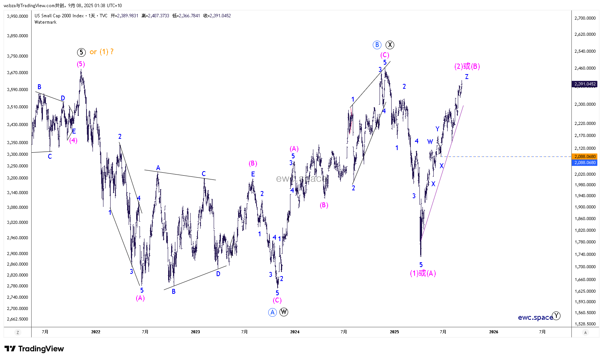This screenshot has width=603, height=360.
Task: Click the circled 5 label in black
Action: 81,52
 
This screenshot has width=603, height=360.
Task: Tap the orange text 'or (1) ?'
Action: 102,52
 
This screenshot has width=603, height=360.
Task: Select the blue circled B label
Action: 377,45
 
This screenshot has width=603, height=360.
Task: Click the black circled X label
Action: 390,45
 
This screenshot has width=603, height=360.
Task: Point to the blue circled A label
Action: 272,312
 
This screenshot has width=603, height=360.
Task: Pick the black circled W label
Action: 284,312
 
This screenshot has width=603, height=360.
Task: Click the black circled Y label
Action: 556,316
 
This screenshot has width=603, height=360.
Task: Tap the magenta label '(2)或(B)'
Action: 467,67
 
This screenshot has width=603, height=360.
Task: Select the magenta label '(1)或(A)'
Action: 423,273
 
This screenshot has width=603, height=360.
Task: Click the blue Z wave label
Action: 467,77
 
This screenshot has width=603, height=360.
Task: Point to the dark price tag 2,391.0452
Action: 585,84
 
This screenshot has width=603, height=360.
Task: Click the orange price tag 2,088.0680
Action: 585,156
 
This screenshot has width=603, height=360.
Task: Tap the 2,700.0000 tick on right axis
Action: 585,18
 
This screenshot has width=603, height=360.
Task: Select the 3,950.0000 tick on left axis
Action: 18,16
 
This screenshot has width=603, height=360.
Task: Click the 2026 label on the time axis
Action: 494,332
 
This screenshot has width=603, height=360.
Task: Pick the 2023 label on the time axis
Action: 195,332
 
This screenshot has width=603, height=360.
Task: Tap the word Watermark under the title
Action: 46,22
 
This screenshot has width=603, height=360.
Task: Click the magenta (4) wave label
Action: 73,141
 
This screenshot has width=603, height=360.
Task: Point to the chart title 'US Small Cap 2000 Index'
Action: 59,16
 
